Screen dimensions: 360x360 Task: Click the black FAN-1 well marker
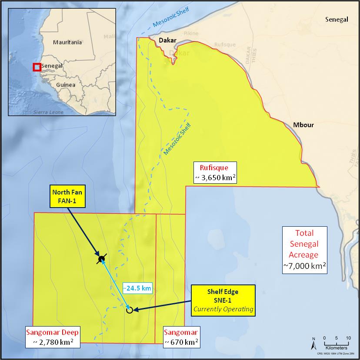[101, 259]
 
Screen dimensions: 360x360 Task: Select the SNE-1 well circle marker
[129, 310]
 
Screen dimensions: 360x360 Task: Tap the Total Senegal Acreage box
[304, 249]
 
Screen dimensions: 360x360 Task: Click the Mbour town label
[303, 125]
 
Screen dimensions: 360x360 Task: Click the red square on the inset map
[37, 67]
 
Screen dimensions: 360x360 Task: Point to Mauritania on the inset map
[67, 43]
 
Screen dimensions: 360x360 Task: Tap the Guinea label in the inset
[66, 85]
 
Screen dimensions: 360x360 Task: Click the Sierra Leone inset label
[48, 112]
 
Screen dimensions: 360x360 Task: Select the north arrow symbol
[314, 343]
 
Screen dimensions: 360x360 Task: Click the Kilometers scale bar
[336, 343]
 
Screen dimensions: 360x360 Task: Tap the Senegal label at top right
[337, 20]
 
